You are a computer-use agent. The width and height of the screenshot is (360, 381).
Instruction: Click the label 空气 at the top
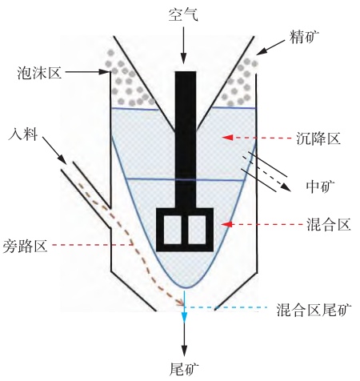coord(183,14)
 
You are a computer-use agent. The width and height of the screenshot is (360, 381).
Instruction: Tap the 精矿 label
coord(304,37)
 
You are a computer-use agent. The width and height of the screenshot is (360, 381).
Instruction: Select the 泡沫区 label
coord(39,73)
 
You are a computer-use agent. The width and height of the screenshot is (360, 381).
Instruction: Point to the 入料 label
coord(23,134)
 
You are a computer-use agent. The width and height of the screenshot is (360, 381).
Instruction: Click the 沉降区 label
coord(318,138)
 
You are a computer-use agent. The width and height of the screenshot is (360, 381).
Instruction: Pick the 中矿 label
coord(320,186)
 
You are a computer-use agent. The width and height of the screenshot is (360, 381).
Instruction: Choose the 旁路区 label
coord(25,246)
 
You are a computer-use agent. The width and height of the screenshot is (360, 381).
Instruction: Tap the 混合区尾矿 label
coord(314,310)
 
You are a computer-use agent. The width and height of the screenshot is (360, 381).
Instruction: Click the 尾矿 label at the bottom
coord(184,370)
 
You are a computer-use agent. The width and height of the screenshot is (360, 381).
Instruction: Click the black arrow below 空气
coord(183,46)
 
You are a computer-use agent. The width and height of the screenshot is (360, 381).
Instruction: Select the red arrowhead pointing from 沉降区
coord(227,138)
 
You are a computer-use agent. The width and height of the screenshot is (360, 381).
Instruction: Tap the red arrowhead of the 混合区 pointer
coord(227,224)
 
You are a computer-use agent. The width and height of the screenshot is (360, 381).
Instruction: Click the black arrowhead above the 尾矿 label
coord(184,351)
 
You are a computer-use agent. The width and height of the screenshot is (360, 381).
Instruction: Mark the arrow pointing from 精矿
coord(270,47)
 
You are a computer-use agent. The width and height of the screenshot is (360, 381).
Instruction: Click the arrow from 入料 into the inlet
coord(54,150)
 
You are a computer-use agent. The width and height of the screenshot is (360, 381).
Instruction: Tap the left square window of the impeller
coord(172,230)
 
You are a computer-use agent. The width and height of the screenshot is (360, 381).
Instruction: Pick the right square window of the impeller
coord(197,230)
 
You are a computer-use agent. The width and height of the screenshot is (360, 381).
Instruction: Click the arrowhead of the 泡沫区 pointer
coord(105,72)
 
